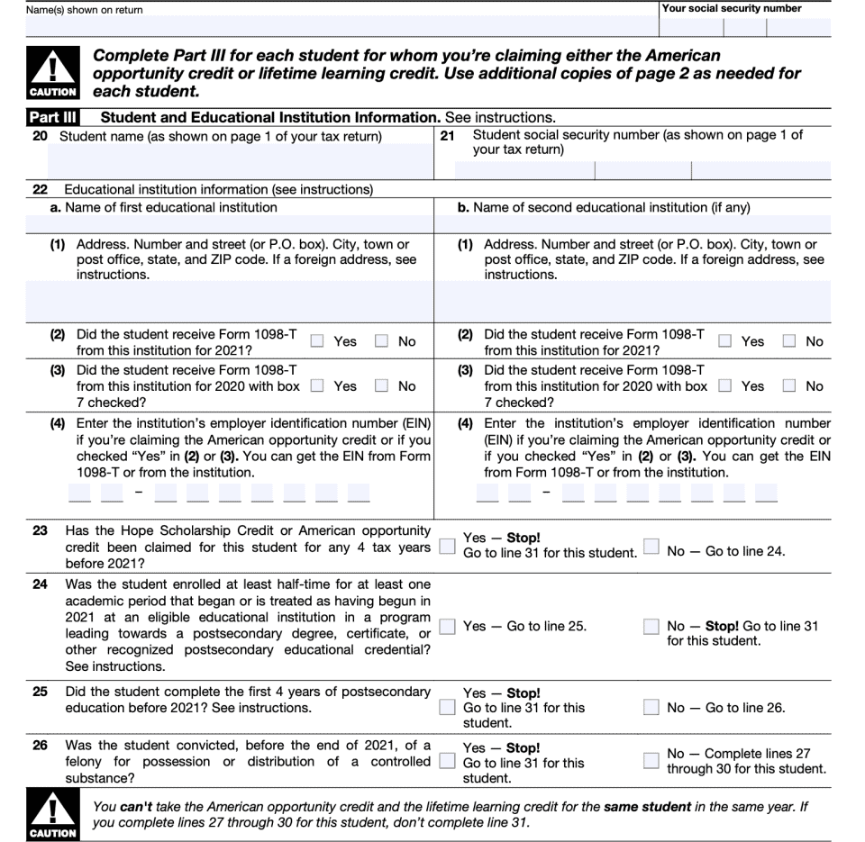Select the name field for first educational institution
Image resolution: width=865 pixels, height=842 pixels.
point(240,223)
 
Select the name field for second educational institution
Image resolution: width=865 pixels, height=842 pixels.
point(647,223)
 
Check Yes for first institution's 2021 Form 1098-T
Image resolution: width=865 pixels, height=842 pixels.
point(317,341)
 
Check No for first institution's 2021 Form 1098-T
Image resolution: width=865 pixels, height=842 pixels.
point(381,341)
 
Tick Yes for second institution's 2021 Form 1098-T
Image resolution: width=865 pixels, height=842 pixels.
point(725,341)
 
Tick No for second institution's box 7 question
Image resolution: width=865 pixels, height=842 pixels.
point(789,386)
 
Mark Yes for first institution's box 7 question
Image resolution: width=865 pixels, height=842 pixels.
point(317,386)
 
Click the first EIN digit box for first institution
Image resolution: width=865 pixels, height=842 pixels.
point(78,493)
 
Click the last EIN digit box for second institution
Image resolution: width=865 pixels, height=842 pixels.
point(767,493)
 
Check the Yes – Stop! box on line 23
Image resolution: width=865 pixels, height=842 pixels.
point(445,546)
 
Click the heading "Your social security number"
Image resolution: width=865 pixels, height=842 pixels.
point(731,8)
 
